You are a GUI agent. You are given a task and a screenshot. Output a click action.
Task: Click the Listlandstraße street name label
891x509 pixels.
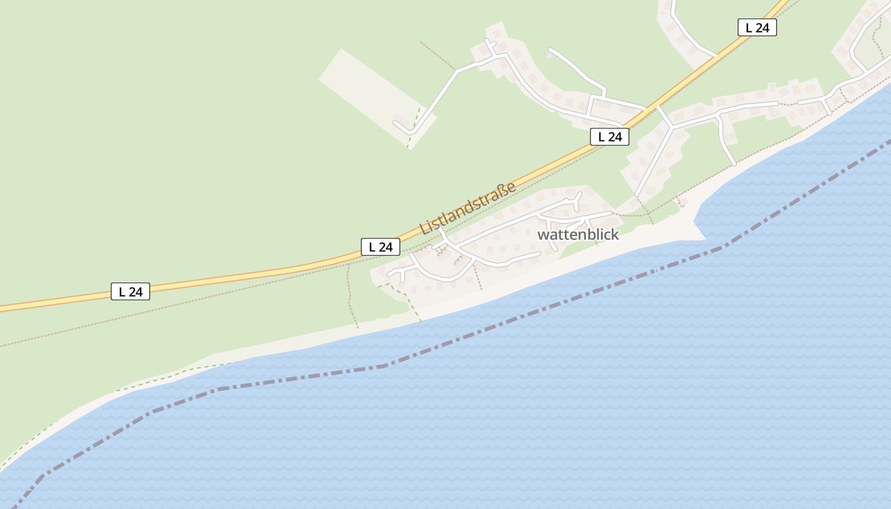click(x=467, y=208)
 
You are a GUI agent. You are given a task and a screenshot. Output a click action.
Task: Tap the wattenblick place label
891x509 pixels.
click(x=578, y=235)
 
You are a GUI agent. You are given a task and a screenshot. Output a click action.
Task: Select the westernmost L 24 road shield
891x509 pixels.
click(x=130, y=291)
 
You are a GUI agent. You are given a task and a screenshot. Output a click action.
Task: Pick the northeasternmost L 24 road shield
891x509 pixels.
click(x=757, y=27)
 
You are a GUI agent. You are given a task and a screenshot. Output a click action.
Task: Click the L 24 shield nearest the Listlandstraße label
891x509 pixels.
click(x=381, y=247)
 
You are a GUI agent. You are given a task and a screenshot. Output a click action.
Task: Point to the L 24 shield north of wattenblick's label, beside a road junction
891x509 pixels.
click(x=609, y=136)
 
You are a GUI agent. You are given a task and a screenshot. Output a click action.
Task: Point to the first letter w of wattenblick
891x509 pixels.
click(x=542, y=235)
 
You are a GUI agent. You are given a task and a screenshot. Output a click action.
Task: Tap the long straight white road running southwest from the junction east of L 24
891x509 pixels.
click(x=654, y=159)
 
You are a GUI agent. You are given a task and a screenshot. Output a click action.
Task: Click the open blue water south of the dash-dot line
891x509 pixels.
click(x=573, y=414)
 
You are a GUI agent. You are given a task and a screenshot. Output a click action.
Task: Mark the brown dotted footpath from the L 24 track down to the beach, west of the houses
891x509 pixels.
click(x=351, y=299)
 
